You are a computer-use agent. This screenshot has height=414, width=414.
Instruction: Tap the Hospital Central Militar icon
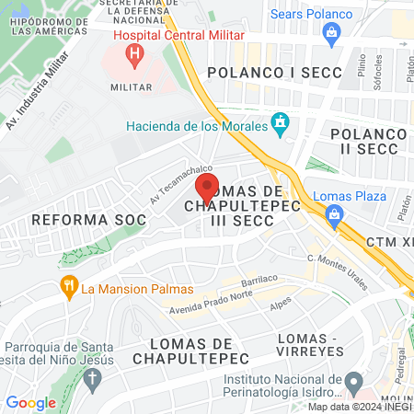[135, 55]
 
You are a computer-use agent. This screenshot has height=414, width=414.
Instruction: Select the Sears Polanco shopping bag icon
[333, 33]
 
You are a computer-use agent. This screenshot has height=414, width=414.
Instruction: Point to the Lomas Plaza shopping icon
[334, 217]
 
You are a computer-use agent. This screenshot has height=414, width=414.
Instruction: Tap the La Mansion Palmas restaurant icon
[68, 286]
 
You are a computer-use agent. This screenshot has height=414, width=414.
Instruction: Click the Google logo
[30, 402]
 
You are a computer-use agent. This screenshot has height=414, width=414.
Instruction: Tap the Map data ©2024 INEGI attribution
[359, 406]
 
